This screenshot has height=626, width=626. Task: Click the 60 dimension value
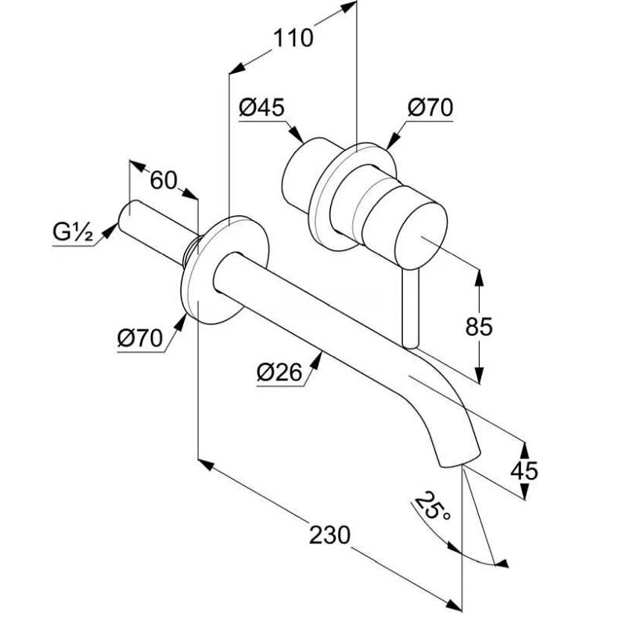point(163,180)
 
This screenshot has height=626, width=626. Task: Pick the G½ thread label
point(74,232)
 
